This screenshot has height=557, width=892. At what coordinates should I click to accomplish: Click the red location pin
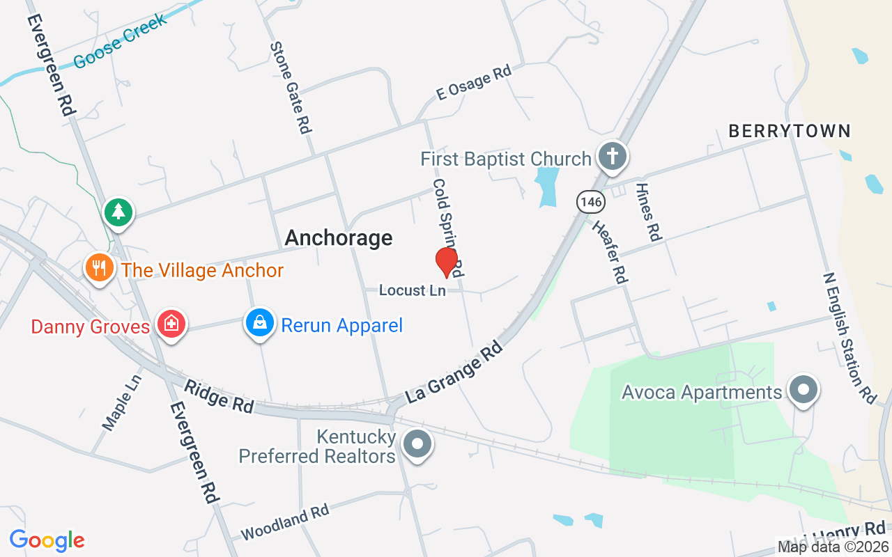coord(446,262)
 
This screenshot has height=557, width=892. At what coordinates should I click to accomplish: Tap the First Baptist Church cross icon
coord(612,157)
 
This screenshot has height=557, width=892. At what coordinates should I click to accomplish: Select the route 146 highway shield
coord(590,202)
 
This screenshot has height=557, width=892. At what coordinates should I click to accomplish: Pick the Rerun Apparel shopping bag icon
coord(259,323)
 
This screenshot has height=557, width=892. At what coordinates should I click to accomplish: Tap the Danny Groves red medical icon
coord(171,324)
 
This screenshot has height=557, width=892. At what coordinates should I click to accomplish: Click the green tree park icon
coord(118,212)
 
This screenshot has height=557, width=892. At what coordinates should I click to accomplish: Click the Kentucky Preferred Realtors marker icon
coord(417,444)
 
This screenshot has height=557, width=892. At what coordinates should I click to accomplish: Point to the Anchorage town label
coord(339,238)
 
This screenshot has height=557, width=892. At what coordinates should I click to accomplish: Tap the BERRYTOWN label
coord(790,131)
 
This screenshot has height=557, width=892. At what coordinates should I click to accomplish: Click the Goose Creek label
coord(120,40)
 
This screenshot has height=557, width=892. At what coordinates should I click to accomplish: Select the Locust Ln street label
coord(412,290)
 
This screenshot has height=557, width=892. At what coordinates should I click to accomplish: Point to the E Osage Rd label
coord(474,82)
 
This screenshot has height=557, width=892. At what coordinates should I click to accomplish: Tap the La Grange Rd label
coord(454,371)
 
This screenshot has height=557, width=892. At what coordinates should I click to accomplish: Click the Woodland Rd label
coord(284,522)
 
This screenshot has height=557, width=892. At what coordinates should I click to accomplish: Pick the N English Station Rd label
coord(849,338)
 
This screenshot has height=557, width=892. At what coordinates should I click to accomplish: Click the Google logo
coord(47,540)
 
